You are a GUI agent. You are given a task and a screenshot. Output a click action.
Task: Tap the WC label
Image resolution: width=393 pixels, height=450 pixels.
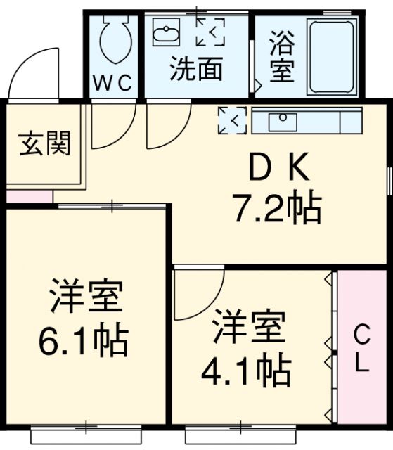pyautogui.click(x=113, y=83)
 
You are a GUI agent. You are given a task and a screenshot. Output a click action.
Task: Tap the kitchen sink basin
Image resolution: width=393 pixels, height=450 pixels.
pyautogui.click(x=283, y=121)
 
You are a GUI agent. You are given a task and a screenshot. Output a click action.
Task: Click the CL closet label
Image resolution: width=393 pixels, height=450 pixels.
pyautogui.click(x=360, y=348)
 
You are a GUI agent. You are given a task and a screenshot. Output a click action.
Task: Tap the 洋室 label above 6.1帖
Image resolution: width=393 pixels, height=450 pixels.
pyautogui.click(x=85, y=298)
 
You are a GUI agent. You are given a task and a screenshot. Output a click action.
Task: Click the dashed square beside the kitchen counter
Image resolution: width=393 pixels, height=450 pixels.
pyautogui.click(x=232, y=120)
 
